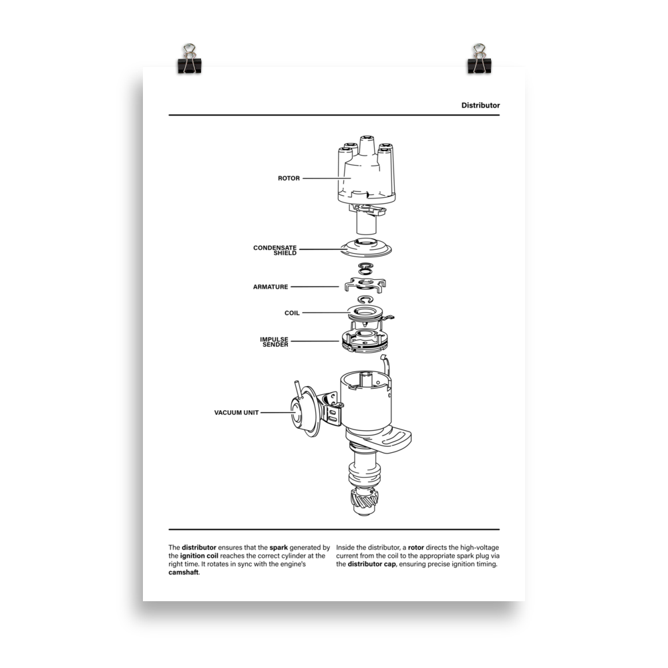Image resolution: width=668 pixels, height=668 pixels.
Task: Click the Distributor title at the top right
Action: point(480,106)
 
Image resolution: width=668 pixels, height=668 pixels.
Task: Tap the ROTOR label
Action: point(289,178)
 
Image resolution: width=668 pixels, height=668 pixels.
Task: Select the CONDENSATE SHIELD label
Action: point(275,251)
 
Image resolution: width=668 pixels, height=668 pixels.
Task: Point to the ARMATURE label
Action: point(271,287)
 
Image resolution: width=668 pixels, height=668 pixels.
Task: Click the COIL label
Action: point(292,313)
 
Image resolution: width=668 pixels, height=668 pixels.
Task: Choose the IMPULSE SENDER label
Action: point(274,342)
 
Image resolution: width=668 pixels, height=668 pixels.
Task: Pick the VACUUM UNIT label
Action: point(236,413)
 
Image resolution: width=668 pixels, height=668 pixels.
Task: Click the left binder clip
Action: point(188,58)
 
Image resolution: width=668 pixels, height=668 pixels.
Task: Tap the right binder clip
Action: point(479,58)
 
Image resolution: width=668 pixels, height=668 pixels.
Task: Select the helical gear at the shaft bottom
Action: point(365,500)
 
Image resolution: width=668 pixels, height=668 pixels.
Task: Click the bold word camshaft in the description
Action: point(184,572)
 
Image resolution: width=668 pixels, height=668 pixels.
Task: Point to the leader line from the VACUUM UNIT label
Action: point(275,413)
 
